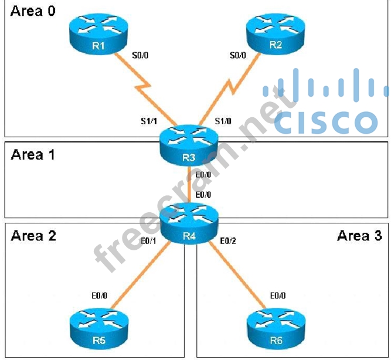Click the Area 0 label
tap(33, 11)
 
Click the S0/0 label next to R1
tap(141, 56)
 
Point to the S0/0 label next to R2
tap(237, 56)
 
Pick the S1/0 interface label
tap(223, 122)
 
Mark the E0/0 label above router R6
tap(277, 296)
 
